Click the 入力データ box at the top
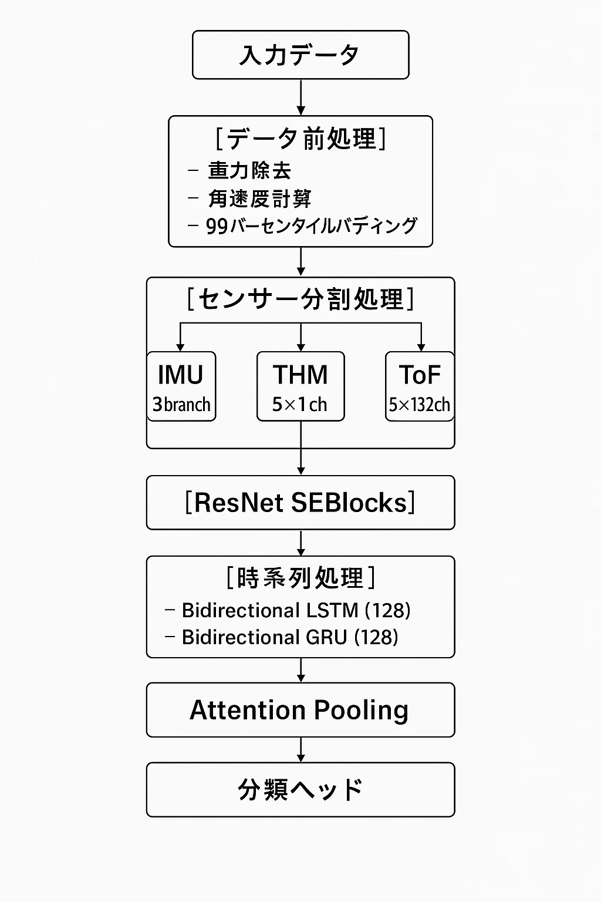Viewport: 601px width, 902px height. pos(300,55)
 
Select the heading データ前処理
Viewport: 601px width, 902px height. pos(300,139)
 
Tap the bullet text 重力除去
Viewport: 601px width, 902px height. pos(249,171)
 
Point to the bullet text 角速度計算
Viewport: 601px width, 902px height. pos(259,199)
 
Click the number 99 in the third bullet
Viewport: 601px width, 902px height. pos(217,226)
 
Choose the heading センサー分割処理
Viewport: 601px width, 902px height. pos(300,299)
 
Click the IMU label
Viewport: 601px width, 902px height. pos(181,375)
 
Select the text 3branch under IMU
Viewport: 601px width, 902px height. pos(181,405)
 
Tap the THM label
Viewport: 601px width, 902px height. pos(300,375)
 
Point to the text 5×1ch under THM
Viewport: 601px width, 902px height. pos(299,405)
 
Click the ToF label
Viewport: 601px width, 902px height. pos(420,375)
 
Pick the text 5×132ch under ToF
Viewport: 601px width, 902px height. pos(420,405)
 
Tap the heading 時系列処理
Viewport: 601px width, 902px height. pos(300,578)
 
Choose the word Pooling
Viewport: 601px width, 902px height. pos(360,710)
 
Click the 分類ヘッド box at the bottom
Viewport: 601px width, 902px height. pos(300,790)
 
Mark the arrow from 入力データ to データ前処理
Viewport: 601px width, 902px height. pos(300,97)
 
